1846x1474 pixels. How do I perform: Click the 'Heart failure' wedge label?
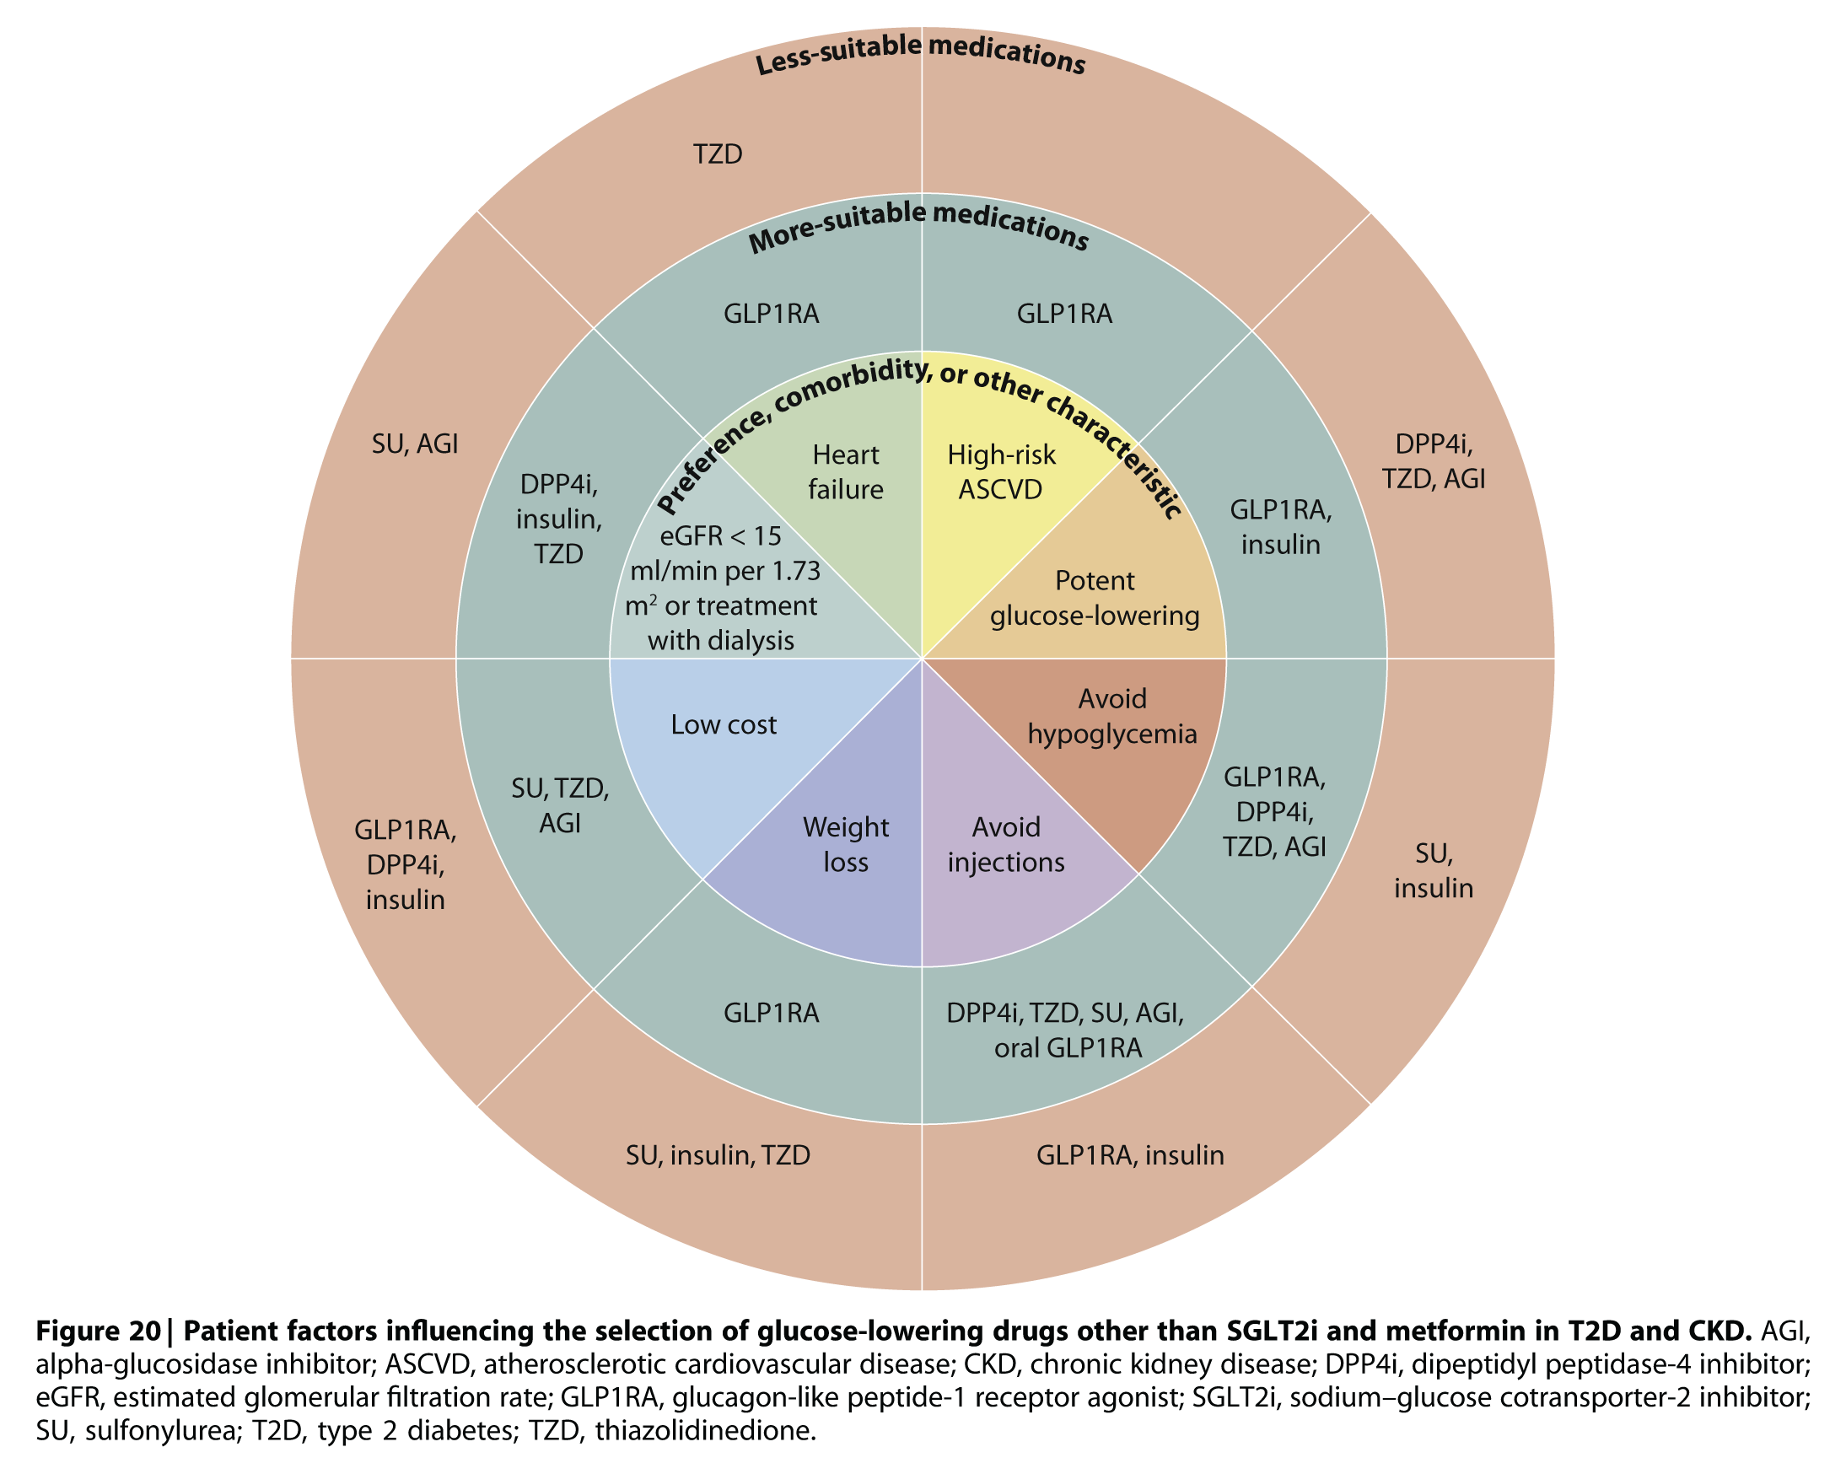pyautogui.click(x=845, y=471)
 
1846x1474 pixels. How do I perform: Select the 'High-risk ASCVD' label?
pyautogui.click(x=1001, y=471)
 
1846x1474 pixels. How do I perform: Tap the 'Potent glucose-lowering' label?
pyautogui.click(x=1095, y=599)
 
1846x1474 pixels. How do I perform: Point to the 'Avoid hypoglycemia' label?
pyautogui.click(x=1111, y=717)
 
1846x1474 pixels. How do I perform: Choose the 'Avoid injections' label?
pyautogui.click(x=1006, y=844)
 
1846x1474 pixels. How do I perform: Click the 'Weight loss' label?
pyautogui.click(x=845, y=844)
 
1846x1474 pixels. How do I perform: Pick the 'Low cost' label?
pyautogui.click(x=724, y=725)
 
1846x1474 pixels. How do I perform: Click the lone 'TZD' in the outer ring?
pyautogui.click(x=717, y=154)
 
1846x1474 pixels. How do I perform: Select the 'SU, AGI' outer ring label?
pyautogui.click(x=415, y=444)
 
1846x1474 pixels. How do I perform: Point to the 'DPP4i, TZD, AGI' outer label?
pyautogui.click(x=1433, y=460)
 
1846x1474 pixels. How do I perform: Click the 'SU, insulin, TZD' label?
pyautogui.click(x=718, y=1155)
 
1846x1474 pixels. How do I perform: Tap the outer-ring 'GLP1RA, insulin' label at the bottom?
pyautogui.click(x=1130, y=1155)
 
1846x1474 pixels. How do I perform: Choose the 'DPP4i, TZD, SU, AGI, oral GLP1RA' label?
pyautogui.click(x=1066, y=1030)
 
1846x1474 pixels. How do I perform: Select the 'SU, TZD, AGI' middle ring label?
pyautogui.click(x=560, y=805)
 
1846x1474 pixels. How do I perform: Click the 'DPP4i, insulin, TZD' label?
pyautogui.click(x=559, y=519)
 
